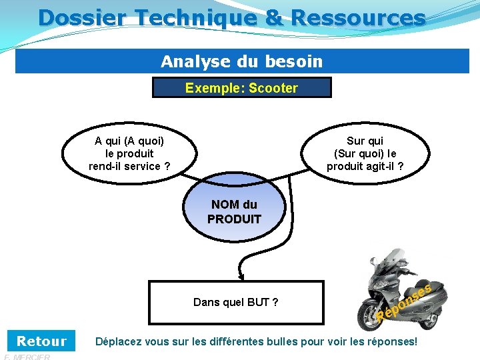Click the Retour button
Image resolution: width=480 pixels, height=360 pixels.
41,341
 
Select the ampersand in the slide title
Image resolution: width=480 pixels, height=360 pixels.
274,17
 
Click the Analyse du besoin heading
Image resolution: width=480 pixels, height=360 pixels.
241,62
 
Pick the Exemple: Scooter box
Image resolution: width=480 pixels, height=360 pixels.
241,88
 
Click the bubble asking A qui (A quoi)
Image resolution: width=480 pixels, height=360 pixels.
129,153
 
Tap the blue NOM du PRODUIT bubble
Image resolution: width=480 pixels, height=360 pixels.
234,212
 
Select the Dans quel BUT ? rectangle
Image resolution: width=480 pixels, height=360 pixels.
235,303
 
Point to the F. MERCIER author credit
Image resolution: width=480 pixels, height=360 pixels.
27,357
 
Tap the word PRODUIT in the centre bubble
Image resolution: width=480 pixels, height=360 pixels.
234,219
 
